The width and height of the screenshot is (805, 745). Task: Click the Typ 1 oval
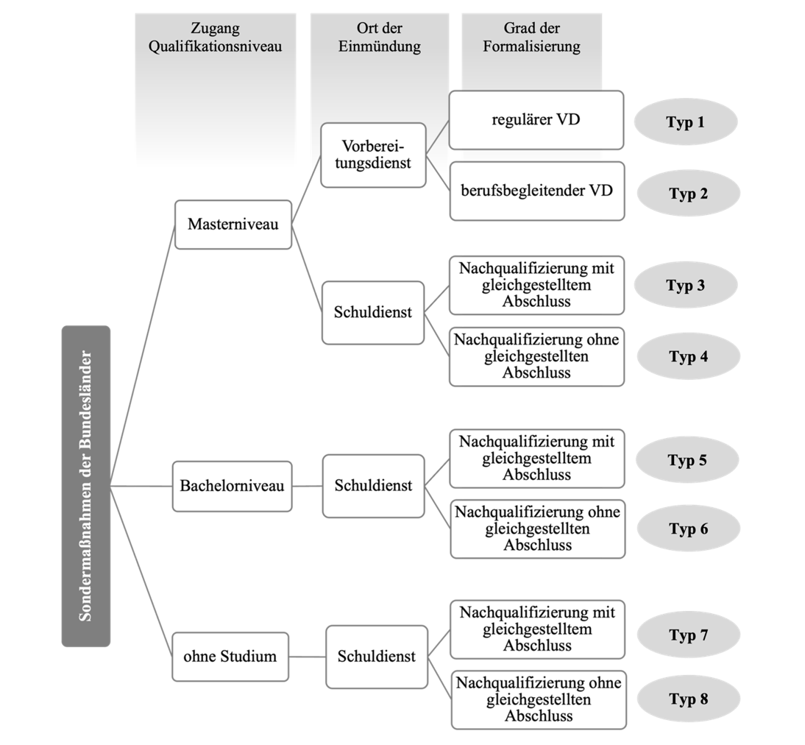(x=687, y=122)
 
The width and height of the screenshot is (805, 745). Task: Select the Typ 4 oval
(x=688, y=357)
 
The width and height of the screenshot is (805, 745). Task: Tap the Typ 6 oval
(x=688, y=529)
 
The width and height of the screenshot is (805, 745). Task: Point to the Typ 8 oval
(x=688, y=699)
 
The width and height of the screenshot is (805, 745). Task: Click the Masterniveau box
(x=233, y=224)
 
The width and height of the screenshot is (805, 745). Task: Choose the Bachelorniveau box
(x=232, y=487)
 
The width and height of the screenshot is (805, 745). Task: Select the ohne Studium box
(x=230, y=656)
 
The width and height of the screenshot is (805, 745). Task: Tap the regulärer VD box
(x=536, y=119)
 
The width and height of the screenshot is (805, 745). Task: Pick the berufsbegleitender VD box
(x=537, y=191)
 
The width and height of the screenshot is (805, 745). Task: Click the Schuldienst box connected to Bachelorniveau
(x=373, y=487)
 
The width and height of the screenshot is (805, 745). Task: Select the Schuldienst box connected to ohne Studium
(x=377, y=656)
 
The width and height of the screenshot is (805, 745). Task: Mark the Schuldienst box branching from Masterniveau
(x=373, y=312)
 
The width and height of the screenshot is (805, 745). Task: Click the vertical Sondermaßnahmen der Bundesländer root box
(x=86, y=486)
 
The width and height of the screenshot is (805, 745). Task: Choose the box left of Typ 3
(x=536, y=285)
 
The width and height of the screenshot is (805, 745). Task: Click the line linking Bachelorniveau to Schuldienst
(x=308, y=487)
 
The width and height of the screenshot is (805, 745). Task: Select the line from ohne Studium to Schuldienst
(x=307, y=656)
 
